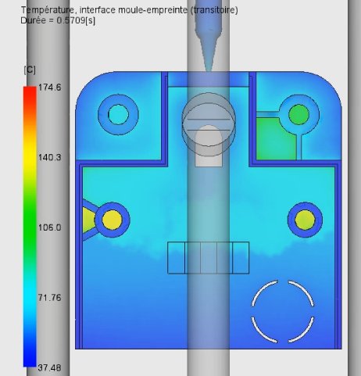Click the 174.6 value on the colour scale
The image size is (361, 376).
pos(49,88)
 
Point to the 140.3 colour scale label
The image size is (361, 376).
pos(49,157)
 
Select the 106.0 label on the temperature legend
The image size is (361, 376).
pos(49,227)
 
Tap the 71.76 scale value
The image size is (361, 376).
pos(49,298)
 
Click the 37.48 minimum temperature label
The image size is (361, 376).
pos(49,367)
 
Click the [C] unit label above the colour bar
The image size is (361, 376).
pos(30,70)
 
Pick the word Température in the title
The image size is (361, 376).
pos(48,10)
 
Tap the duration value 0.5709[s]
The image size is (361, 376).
pos(76,20)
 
